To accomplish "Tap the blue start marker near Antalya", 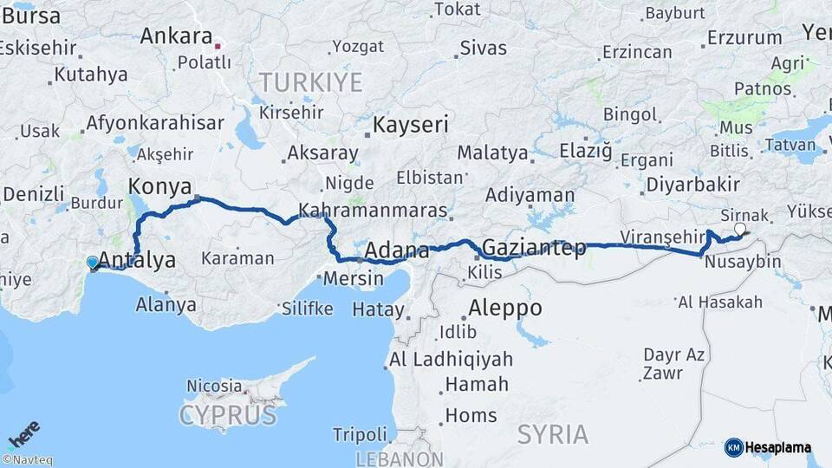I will pyautogui.click(x=93, y=262).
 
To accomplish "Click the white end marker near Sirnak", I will pyautogui.click(x=739, y=230).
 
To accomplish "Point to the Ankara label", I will pyautogui.click(x=176, y=36).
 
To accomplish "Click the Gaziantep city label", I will pyautogui.click(x=534, y=248).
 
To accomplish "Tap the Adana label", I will pyautogui.click(x=397, y=250).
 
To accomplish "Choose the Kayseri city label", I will pyautogui.click(x=411, y=125).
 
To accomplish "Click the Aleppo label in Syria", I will pyautogui.click(x=505, y=308).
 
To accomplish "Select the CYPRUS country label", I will pyautogui.click(x=228, y=415).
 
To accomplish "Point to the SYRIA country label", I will pyautogui.click(x=553, y=434).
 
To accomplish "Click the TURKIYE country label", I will pyautogui.click(x=310, y=83).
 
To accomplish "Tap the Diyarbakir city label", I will pyautogui.click(x=692, y=184).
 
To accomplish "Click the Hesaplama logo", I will pyautogui.click(x=768, y=447).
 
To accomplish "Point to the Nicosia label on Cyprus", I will pyautogui.click(x=214, y=385).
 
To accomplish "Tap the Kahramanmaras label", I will pyautogui.click(x=373, y=210).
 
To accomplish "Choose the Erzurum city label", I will pyautogui.click(x=744, y=37).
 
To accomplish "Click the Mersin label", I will pyautogui.click(x=353, y=279).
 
